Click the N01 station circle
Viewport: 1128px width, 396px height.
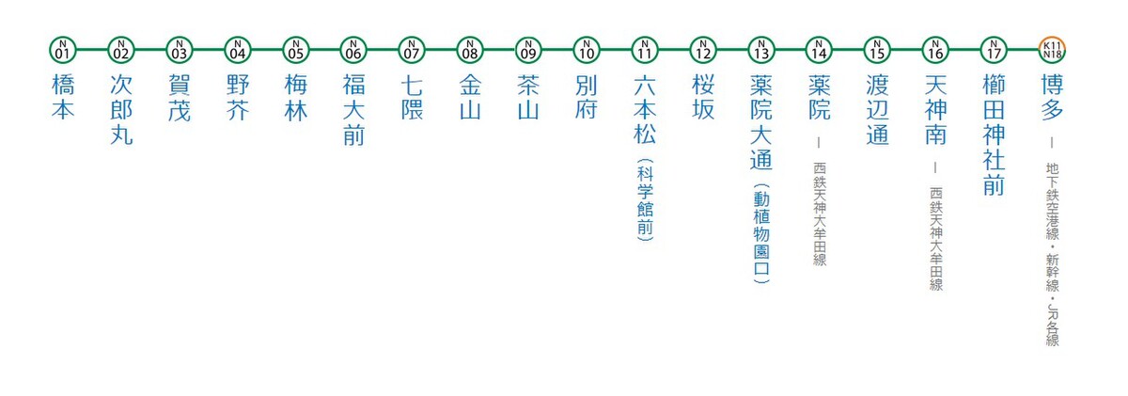[62, 48]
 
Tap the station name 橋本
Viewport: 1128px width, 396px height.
[62, 98]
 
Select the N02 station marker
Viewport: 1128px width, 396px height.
[120, 48]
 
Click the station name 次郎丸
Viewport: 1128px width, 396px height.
[120, 110]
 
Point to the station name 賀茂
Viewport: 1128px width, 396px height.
[179, 98]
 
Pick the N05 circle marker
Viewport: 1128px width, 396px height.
[295, 48]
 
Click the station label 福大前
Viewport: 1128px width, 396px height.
[353, 110]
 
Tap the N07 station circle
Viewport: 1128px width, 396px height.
[412, 48]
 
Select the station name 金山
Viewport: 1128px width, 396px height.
[470, 98]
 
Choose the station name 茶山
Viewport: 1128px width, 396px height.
[528, 98]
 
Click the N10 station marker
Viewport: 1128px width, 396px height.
[587, 48]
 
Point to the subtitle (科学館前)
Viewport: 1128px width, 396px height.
[645, 200]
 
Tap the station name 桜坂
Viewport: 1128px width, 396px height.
[703, 98]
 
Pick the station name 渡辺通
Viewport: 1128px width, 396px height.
[878, 110]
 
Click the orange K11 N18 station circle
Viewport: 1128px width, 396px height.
[1053, 48]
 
